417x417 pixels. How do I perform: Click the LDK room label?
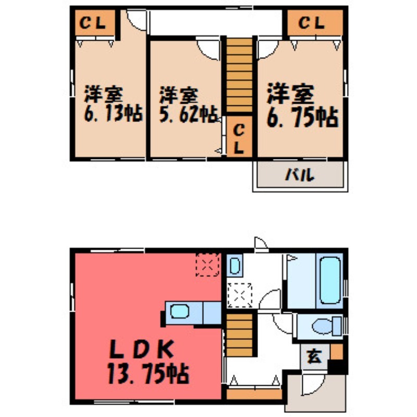click(x=142, y=349)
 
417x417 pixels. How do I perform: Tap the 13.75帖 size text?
click(x=148, y=374)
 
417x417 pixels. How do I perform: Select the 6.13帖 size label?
click(x=114, y=113)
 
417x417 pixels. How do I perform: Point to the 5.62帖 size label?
click(x=189, y=114)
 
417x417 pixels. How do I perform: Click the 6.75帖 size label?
click(x=303, y=117)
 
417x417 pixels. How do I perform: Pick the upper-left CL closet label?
click(x=93, y=23)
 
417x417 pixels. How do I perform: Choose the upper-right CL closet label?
click(x=312, y=23)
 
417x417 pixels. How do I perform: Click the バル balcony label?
click(x=300, y=175)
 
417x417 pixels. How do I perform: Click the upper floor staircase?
click(x=239, y=75)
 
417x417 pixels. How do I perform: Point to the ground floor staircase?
click(x=239, y=335)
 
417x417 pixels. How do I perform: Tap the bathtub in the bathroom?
click(x=330, y=280)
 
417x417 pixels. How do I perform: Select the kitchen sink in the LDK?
click(x=179, y=311)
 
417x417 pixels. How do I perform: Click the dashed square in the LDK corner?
click(x=207, y=265)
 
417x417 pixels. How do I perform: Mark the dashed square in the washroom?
click(x=240, y=295)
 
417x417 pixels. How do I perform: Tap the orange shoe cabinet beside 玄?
click(x=336, y=351)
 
